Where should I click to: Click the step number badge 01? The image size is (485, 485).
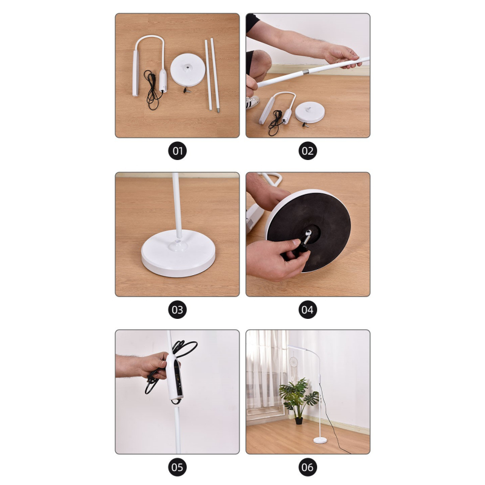[x=177, y=151]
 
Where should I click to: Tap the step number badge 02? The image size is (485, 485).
[x=307, y=151]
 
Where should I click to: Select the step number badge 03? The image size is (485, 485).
[x=177, y=310]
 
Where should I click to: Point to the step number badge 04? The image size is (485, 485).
[x=307, y=310]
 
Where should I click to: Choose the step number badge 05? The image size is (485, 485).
[x=177, y=467]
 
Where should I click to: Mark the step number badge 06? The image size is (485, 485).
[x=307, y=467]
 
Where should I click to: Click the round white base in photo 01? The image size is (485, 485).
[x=188, y=70]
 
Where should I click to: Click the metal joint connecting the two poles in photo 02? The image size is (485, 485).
[x=306, y=73]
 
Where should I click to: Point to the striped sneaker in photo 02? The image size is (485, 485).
[x=253, y=102]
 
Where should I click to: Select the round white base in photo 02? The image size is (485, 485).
[x=310, y=112]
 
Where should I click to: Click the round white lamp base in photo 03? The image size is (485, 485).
[x=178, y=253]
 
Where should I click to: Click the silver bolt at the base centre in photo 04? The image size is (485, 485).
[x=307, y=237]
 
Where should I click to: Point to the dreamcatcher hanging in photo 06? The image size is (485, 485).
[x=293, y=364]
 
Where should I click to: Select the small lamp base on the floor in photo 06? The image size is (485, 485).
[x=320, y=440]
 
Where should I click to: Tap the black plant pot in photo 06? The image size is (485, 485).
[x=298, y=421]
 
